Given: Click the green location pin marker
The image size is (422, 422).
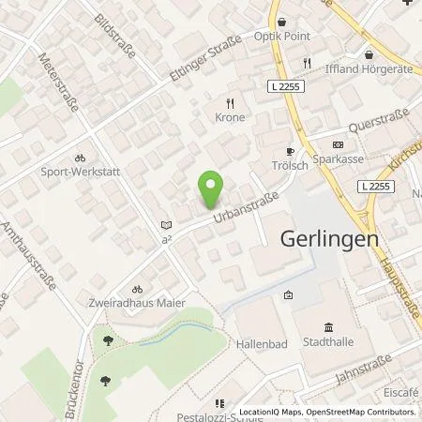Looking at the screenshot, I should pyautogui.click(x=212, y=188).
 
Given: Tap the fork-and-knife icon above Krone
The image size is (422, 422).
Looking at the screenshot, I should pyautogui.click(x=229, y=102).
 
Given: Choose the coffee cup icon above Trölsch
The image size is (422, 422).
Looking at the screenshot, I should pyautogui.click(x=290, y=150).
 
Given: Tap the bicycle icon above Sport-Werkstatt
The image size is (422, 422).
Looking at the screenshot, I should pyautogui.click(x=81, y=158).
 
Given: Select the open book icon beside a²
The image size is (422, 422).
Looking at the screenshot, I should pyautogui.click(x=166, y=225).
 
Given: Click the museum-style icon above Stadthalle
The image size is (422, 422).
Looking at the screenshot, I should pyautogui.click(x=328, y=327).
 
